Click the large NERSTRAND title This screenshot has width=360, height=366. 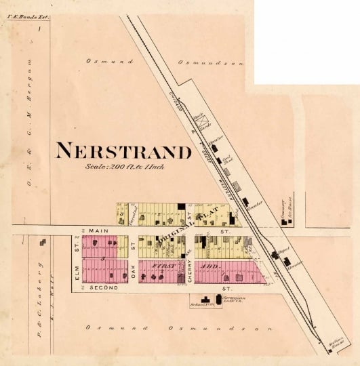coord(125,150)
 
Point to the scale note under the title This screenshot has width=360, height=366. coord(125,166)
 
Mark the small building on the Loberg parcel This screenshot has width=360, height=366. coord(44,241)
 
